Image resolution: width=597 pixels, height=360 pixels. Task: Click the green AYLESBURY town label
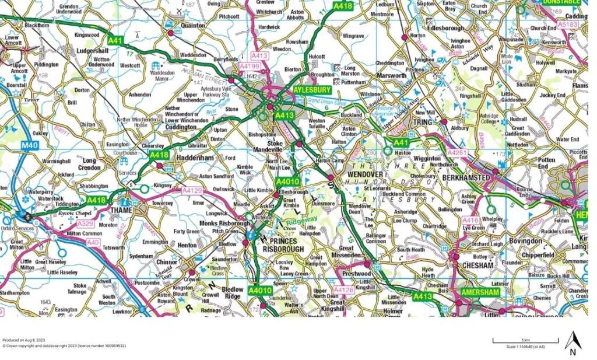311,90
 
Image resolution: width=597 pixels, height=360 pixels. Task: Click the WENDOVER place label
365,174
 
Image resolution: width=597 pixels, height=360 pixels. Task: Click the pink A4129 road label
192,191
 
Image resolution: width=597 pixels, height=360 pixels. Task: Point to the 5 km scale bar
525,340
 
